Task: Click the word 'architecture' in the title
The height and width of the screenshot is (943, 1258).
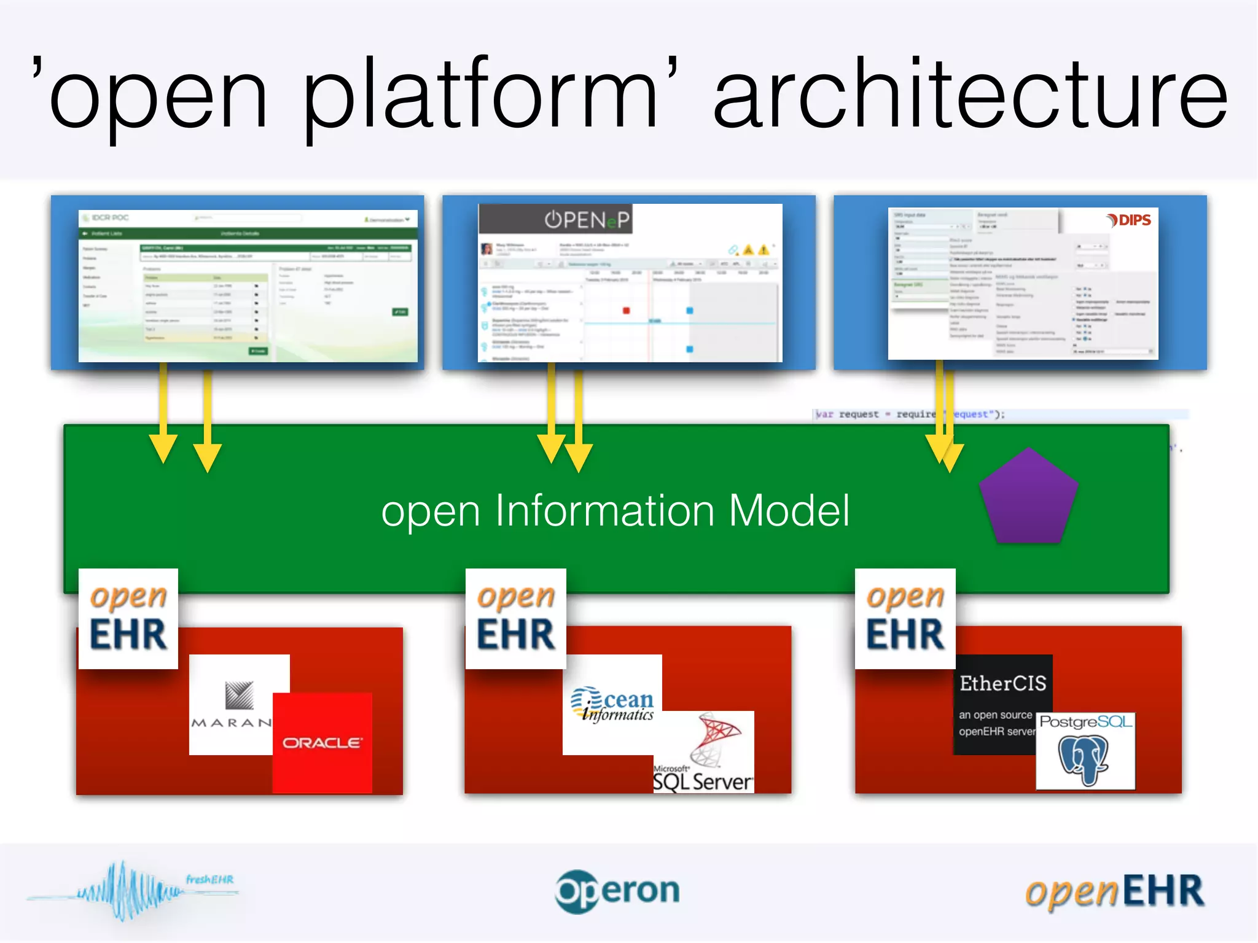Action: [x=971, y=95]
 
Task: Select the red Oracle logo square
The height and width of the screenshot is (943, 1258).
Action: [x=322, y=743]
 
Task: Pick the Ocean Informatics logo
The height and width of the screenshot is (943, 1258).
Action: [x=612, y=705]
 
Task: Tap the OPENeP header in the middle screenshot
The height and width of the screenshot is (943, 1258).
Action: [x=587, y=220]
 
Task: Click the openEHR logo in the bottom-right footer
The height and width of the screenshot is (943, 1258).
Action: [x=1114, y=891]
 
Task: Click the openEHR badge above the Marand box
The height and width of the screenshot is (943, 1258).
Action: [x=128, y=618]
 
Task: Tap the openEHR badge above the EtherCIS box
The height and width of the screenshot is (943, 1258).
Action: [x=905, y=618]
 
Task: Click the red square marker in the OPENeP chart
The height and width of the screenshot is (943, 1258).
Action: [x=626, y=311]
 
